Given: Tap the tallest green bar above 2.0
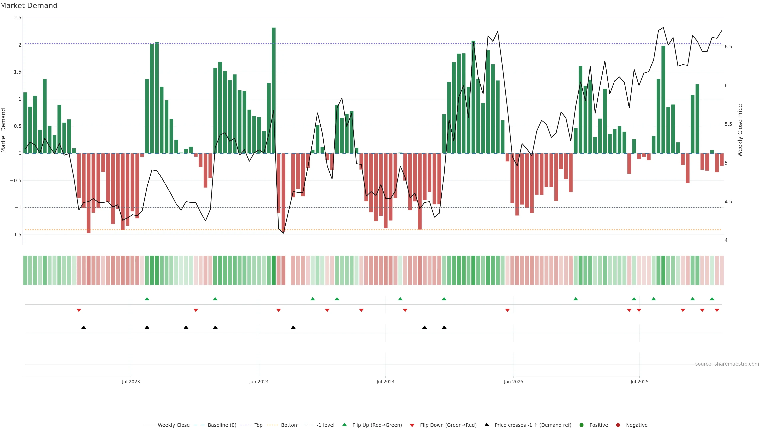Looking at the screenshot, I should point(273,89).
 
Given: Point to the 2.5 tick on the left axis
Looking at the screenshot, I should point(18,18).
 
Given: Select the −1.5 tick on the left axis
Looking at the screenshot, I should point(16,235).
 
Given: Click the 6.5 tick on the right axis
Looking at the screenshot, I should point(728,47).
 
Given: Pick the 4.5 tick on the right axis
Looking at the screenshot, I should point(728,202).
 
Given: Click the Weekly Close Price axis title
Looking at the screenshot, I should point(740,130).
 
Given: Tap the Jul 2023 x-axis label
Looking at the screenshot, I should point(131,382).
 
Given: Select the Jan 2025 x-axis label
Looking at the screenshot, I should point(513,382).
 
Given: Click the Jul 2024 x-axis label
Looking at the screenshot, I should point(385,382).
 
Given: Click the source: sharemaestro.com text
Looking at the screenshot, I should point(727,364).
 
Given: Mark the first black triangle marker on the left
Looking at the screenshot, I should point(84,327).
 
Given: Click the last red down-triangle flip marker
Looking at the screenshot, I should point(717,310).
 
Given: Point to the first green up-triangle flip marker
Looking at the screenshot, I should point(147,299).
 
